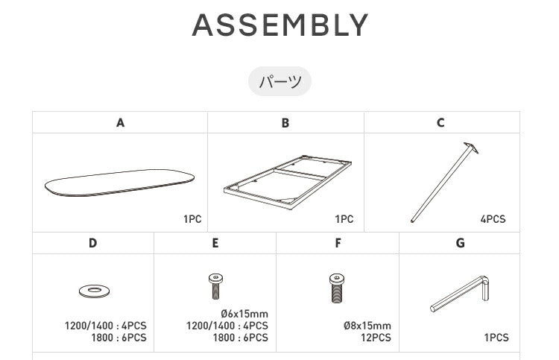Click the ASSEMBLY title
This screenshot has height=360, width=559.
(x=279, y=25)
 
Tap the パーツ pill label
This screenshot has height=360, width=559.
(x=279, y=82)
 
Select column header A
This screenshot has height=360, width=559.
(x=120, y=123)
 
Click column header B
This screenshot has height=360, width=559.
(x=285, y=123)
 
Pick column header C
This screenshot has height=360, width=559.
(x=440, y=123)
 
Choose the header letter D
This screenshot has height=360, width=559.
(x=92, y=243)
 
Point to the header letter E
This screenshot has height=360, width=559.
(x=215, y=243)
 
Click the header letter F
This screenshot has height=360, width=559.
(x=338, y=243)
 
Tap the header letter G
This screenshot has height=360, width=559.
(x=461, y=243)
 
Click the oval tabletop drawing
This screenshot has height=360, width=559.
(x=119, y=183)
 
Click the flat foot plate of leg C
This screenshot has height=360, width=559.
(x=471, y=148)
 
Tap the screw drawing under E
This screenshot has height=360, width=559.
(x=215, y=286)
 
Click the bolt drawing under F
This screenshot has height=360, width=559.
(x=337, y=288)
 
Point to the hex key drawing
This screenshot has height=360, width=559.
(x=460, y=293)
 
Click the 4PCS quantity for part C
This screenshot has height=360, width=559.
(x=493, y=219)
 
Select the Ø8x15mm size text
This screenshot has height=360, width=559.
(x=367, y=326)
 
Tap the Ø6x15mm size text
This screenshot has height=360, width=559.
(x=244, y=314)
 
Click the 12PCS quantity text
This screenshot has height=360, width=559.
(x=376, y=337)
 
